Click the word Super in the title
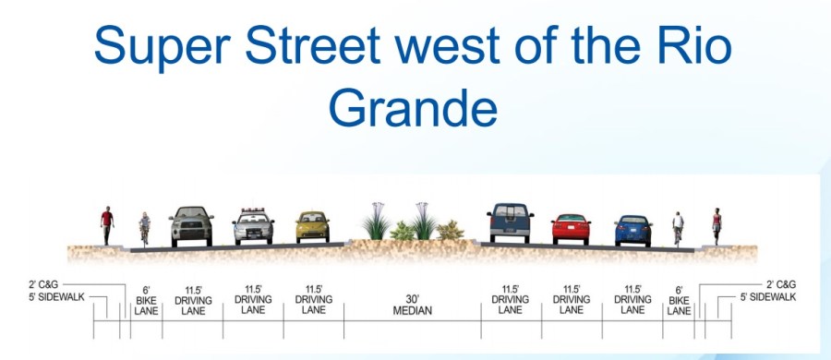tap(163, 45)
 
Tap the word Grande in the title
tap(413, 109)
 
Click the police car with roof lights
tap(253, 226)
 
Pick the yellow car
tap(313, 227)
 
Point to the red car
tap(571, 229)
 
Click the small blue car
tap(633, 231)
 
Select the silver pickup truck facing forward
tap(191, 226)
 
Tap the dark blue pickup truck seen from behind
tap(511, 222)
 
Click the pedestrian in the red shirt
tap(107, 225)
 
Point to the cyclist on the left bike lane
tap(144, 229)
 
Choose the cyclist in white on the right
tap(678, 229)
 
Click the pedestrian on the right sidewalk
tap(717, 226)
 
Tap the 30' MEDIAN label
tap(413, 305)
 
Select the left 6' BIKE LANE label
tap(146, 301)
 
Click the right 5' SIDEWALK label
tap(768, 297)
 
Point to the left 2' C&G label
tap(43, 284)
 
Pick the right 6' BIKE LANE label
tap(679, 301)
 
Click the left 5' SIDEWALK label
tap(56, 297)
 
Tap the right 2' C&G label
tap(781, 284)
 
